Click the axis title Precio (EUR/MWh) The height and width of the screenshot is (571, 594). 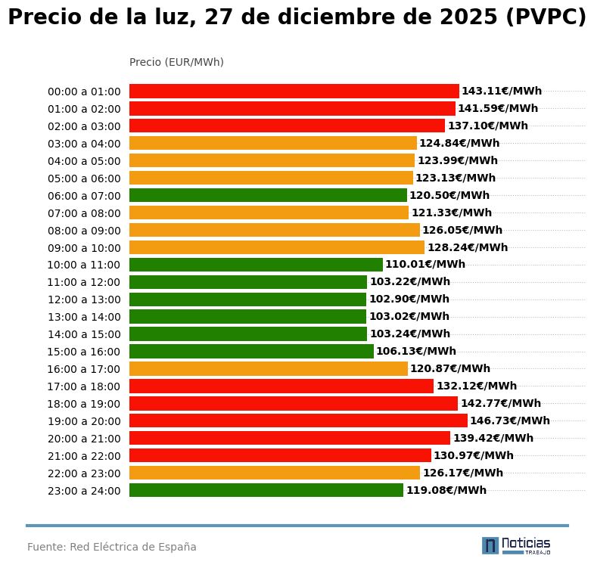[176, 62]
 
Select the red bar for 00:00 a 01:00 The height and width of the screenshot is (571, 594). [294, 92]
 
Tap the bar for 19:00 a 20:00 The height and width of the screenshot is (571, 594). [298, 421]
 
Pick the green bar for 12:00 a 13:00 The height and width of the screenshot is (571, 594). [247, 299]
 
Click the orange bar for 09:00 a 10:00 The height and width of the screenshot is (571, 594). [277, 247]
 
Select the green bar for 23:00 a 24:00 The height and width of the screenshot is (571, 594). [266, 490]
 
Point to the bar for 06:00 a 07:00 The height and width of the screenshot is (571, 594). [268, 195]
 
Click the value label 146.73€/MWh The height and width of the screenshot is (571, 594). [510, 421]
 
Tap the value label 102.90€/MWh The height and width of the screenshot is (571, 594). [409, 299]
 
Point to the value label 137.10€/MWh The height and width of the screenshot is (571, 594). [488, 126]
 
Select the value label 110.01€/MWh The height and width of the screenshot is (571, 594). [425, 265]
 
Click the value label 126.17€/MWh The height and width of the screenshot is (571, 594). [463, 473]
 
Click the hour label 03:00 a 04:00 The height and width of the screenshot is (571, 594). [84, 144]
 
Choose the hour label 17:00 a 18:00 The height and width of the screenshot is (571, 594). [84, 386]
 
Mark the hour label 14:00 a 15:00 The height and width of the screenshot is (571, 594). [84, 334]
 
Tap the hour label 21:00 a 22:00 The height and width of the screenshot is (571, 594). [84, 456]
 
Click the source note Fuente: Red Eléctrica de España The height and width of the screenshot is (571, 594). [112, 547]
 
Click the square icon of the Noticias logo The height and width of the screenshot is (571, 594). [490, 545]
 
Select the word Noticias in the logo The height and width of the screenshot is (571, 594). [526, 543]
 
